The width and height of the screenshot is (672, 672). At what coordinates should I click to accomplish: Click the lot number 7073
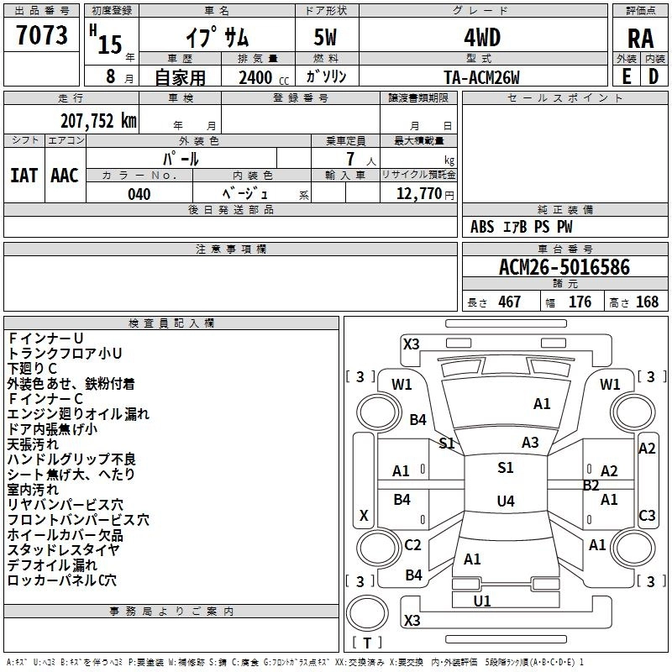click(x=42, y=38)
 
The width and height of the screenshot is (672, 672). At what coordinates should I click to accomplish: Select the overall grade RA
click(x=640, y=39)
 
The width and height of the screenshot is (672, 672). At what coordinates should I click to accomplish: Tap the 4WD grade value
click(x=481, y=38)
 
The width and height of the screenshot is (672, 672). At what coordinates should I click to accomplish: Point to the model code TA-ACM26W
click(x=481, y=77)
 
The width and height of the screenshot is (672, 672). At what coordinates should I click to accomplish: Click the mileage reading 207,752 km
click(x=98, y=120)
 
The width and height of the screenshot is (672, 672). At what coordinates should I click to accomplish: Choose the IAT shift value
click(x=24, y=176)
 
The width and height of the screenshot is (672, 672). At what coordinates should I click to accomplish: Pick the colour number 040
click(x=139, y=194)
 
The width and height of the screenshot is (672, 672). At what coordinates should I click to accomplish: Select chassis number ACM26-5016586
click(x=564, y=267)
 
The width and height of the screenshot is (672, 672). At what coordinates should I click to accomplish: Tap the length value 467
click(x=509, y=302)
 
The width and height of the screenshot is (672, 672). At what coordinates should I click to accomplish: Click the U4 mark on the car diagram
click(x=505, y=501)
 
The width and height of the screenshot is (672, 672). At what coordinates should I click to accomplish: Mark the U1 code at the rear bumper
click(x=482, y=601)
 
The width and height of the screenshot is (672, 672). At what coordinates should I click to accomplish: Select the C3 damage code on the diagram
click(x=647, y=516)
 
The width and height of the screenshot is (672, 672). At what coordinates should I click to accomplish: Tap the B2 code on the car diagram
click(x=591, y=486)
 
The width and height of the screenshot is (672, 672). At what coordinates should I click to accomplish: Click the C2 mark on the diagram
click(x=412, y=545)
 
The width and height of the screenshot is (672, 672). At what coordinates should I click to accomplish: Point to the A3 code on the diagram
click(x=530, y=443)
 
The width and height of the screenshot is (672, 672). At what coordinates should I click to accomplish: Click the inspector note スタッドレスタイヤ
click(x=63, y=550)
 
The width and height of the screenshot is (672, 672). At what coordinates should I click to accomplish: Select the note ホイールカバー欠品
click(x=65, y=535)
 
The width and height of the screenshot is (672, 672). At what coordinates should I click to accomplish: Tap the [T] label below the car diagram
click(x=367, y=643)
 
